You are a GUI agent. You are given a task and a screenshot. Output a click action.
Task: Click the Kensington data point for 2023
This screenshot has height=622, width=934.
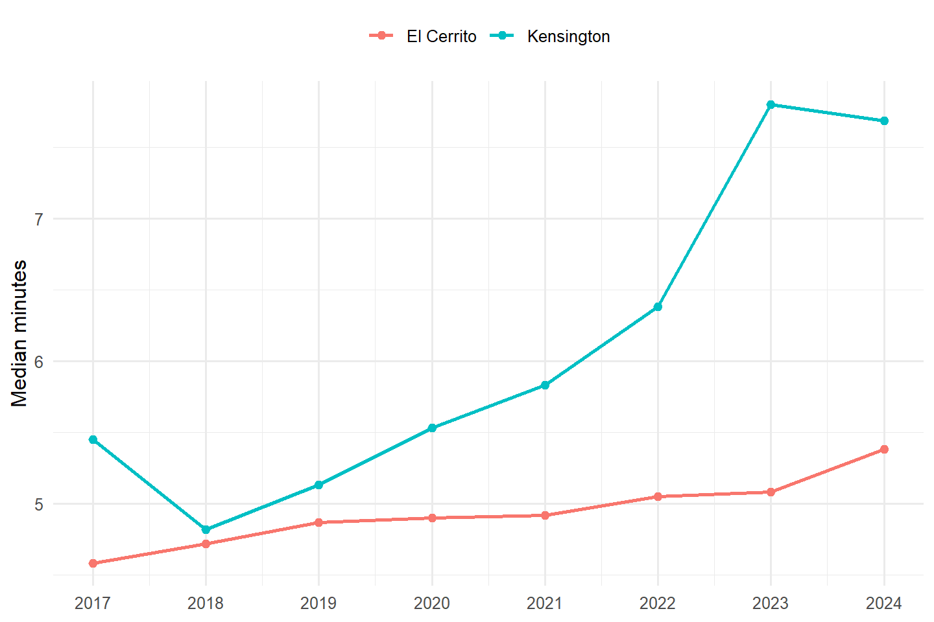pos(771,104)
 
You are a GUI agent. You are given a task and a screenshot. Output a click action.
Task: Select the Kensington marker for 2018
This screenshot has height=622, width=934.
pos(206,529)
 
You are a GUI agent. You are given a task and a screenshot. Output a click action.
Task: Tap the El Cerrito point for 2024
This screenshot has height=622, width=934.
pos(884,449)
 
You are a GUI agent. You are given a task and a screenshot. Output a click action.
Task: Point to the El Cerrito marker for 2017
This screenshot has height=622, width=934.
pos(93,563)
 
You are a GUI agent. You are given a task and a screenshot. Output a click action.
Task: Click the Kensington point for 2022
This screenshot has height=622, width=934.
pos(658,307)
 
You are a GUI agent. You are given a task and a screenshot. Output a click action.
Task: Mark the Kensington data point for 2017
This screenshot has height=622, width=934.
pos(93,439)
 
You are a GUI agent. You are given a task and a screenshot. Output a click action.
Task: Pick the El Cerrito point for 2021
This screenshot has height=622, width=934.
pos(545,515)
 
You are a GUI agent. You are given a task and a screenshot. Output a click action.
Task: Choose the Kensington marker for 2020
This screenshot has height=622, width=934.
pos(432,428)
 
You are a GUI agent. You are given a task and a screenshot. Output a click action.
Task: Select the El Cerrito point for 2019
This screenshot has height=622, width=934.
pos(318,522)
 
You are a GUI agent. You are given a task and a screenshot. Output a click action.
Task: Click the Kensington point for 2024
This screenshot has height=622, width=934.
pos(884,121)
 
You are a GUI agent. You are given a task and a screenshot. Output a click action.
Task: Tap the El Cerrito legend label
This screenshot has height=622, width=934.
pos(442,37)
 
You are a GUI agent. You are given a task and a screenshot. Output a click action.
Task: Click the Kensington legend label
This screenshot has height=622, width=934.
pos(568,37)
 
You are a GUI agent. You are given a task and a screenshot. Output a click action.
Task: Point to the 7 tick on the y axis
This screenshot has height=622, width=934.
pos(39,219)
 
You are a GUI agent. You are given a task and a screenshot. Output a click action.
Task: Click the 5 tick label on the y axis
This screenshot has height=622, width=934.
pos(39,505)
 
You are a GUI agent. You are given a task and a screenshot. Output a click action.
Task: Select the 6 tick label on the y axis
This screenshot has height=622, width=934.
pos(39,362)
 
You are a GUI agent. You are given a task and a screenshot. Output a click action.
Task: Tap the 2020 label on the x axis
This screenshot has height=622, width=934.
pos(431,603)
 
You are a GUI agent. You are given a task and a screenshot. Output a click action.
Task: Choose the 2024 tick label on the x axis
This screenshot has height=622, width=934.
pos(884,603)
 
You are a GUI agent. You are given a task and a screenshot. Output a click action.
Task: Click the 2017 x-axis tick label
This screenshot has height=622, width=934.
pos(93,603)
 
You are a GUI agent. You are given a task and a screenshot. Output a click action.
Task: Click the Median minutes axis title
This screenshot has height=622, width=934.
pos(19,333)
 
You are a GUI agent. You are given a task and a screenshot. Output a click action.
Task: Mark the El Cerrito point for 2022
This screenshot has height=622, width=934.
pos(658,496)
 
